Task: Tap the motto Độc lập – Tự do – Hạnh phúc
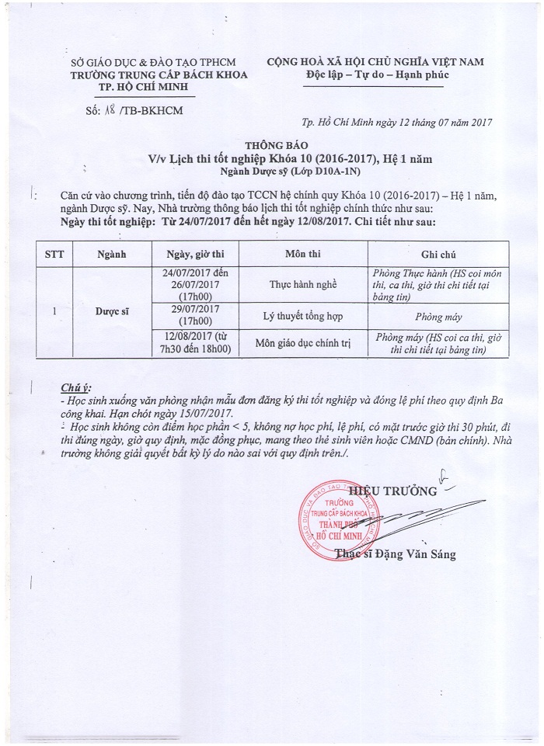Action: [375, 75]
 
